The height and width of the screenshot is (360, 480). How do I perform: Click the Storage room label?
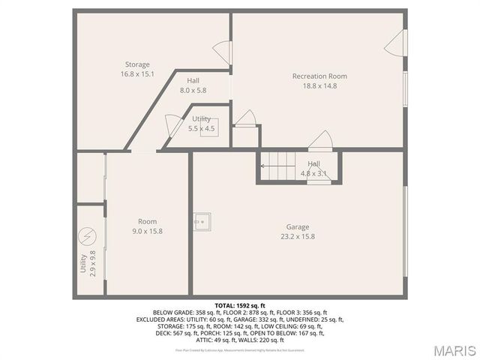click(x=137, y=64)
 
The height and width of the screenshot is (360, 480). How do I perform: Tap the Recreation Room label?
click(x=319, y=76)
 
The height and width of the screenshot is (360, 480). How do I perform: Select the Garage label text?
click(x=297, y=227)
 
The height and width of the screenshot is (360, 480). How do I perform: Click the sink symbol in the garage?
click(x=202, y=220)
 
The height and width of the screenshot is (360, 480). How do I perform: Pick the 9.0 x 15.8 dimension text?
click(x=147, y=231)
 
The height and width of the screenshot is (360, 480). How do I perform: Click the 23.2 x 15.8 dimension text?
click(x=297, y=237)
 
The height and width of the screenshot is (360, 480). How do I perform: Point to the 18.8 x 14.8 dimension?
click(x=319, y=85)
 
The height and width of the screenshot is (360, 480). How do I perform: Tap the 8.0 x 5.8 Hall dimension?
click(x=193, y=90)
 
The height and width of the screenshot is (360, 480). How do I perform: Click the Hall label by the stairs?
click(x=313, y=164)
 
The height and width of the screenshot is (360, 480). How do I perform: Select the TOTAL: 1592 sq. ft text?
click(x=240, y=306)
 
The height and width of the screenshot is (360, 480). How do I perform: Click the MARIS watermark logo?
click(x=454, y=349)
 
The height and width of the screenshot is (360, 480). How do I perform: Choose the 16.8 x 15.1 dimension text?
click(x=137, y=74)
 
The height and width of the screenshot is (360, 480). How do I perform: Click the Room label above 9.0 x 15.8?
click(x=147, y=221)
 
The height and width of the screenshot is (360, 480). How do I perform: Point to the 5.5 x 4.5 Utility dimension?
click(x=201, y=128)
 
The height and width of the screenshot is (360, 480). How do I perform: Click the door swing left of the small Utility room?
click(x=172, y=125)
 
